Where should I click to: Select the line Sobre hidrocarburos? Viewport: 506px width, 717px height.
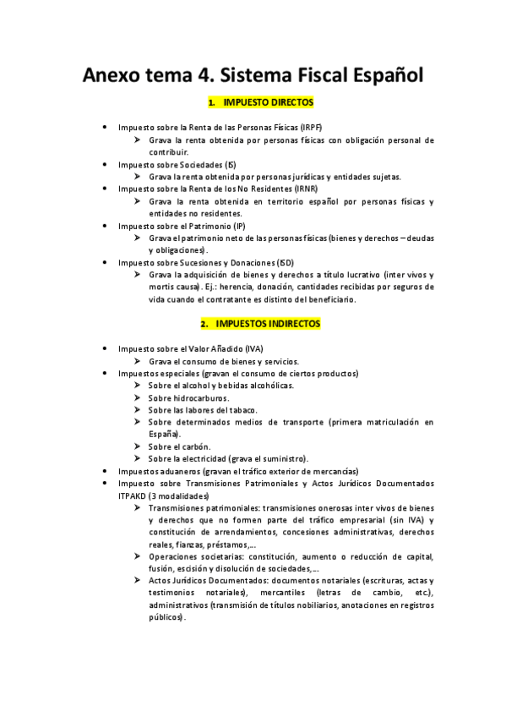coord(188,397)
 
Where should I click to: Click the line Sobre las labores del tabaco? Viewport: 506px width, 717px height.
coord(200,409)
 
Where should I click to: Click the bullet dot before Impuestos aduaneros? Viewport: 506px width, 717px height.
coord(103,471)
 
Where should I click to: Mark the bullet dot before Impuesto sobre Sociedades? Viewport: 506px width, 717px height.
coord(103,164)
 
